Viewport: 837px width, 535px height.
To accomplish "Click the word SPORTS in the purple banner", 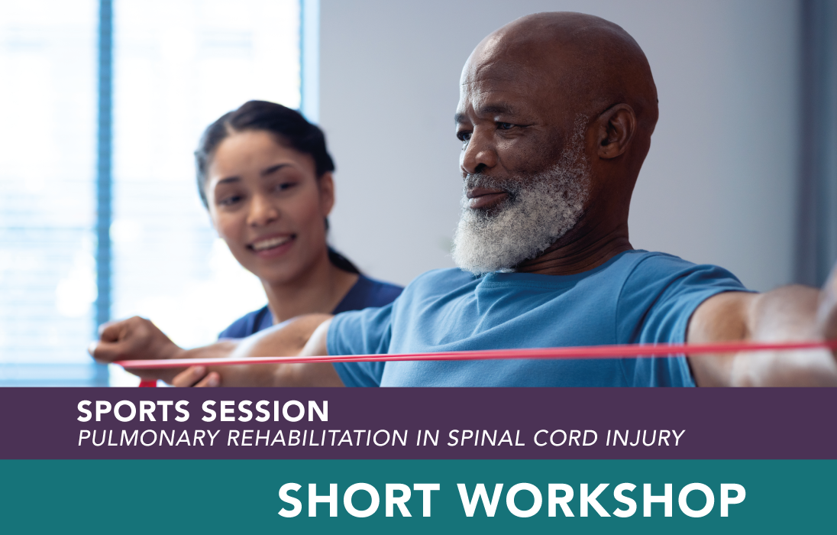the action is point(134,411).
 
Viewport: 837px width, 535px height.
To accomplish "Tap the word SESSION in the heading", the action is point(265,411).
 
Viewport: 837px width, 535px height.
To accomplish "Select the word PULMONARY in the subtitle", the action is point(149,438).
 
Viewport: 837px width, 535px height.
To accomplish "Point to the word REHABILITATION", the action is point(318,438).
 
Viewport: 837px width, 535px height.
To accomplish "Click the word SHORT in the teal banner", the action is point(359,501).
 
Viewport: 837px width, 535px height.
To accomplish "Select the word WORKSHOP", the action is point(602,501).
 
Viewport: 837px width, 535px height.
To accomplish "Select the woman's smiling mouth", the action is point(272,245).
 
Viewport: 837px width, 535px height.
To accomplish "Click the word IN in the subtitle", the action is point(428,438).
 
